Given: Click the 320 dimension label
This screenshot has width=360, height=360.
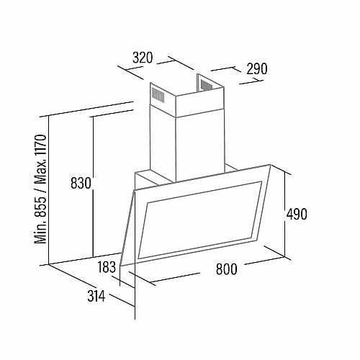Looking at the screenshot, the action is pos(143,58).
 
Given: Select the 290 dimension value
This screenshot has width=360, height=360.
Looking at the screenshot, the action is pos(257,69).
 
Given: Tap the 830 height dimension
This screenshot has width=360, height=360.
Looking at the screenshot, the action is pos(81,183).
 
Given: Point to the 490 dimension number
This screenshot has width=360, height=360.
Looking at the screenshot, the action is pos(297,214).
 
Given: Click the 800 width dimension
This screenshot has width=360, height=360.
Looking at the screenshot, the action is pos(226,269).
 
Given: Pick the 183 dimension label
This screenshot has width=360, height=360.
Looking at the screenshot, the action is pos(107,267).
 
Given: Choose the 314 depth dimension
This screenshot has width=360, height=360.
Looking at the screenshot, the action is pos(96,296).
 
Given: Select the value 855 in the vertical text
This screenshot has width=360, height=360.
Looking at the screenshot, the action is pos(40,204).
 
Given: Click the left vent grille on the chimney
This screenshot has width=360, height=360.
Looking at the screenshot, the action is pos(158,94).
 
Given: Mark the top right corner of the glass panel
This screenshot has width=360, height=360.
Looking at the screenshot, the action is pos(271,164).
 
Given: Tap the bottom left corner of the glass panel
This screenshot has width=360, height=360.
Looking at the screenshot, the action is pos(120,266).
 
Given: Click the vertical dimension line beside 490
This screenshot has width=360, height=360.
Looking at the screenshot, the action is pos(285,214).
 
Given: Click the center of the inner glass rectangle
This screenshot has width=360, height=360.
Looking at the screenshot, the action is pos(199,220).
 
